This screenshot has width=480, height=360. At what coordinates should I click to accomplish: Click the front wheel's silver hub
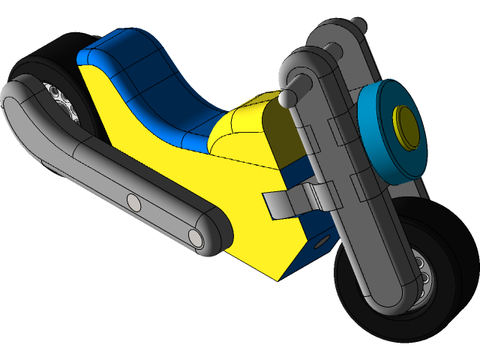[x=421, y=272]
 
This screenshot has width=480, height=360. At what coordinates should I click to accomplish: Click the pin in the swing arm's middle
[x=133, y=202]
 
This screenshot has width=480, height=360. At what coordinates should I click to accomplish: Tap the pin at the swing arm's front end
[x=196, y=237]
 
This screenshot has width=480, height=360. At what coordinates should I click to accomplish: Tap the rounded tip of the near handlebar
[x=290, y=97]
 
